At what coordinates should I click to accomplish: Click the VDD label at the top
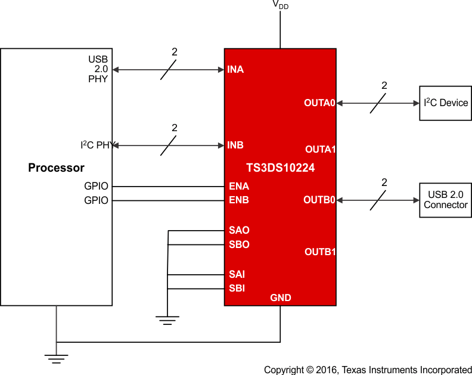(x=280, y=5)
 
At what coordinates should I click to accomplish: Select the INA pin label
(x=235, y=70)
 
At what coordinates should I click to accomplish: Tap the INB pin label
(x=235, y=145)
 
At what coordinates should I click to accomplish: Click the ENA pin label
(x=239, y=186)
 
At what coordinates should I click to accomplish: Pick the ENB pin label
(x=239, y=200)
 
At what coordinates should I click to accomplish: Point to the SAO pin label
(x=239, y=230)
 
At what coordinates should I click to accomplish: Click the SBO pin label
(x=239, y=244)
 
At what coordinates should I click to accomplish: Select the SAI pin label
(x=237, y=274)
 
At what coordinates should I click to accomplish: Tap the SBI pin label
(x=237, y=288)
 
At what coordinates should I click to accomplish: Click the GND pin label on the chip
(x=281, y=297)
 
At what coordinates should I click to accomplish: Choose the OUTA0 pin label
(x=320, y=103)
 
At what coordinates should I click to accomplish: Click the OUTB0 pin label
(x=320, y=200)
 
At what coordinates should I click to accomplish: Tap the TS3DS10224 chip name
(x=280, y=168)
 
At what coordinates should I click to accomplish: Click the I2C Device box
(x=445, y=103)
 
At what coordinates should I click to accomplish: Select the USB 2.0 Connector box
(x=445, y=200)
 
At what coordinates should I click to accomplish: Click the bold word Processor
(x=56, y=168)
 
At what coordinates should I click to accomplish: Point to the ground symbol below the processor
(x=56, y=358)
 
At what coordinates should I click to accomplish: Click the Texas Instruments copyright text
(x=368, y=370)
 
